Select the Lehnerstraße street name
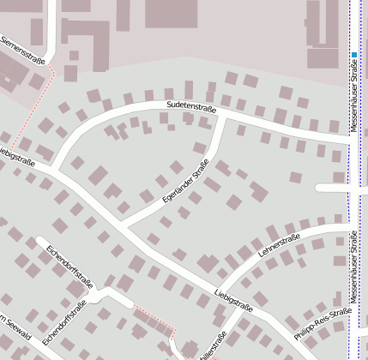tap(279, 244)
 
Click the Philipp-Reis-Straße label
tap(323, 326)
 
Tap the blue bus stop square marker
tap(353, 55)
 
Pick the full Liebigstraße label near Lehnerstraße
tap(233, 299)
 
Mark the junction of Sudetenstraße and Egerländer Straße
tap(222, 117)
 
